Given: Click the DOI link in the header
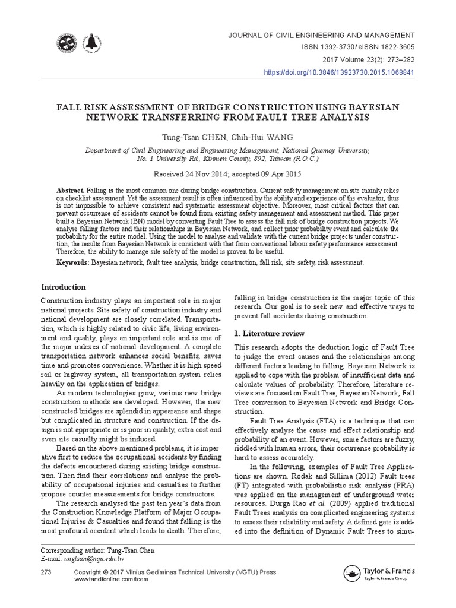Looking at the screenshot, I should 338,72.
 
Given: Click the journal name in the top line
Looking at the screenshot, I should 322,35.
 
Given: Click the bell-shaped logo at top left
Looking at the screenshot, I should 91,44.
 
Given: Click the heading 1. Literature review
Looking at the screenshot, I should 270,333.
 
